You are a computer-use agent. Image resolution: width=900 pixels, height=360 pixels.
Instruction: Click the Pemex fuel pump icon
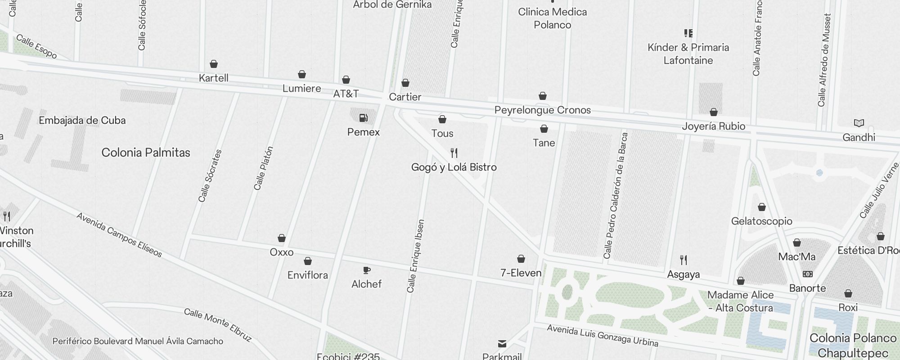pos(363,118)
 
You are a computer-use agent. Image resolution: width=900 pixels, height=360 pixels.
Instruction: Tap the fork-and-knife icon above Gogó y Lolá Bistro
pos(454,153)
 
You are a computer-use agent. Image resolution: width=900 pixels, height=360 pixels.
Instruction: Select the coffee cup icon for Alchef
pos(367,270)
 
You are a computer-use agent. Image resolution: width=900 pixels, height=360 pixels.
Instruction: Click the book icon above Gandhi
pos(859,123)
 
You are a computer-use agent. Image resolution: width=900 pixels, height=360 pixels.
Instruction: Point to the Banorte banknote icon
pos(808,274)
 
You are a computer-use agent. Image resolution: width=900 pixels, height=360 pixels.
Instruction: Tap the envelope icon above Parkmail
pos(502,344)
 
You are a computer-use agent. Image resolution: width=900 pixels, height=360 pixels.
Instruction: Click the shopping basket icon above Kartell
pos(214,64)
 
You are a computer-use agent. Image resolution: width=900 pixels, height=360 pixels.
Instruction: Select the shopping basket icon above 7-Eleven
pos(521,259)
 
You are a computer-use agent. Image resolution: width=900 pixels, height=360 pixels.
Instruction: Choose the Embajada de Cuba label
pos(82,120)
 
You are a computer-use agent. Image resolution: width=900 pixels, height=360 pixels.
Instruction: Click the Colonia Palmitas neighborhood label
pos(146,153)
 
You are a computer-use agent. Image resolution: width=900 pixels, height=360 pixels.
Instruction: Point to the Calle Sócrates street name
pos(210,175)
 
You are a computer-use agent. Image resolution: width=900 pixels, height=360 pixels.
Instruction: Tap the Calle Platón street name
pos(264,168)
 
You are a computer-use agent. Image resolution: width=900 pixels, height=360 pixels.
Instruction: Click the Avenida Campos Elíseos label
pos(119,235)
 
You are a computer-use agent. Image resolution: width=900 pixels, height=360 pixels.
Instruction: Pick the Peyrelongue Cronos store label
pos(542,110)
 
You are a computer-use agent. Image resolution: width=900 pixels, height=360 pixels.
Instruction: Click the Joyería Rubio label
pos(713,126)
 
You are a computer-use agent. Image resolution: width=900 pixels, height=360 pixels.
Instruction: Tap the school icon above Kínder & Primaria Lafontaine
pos(688,33)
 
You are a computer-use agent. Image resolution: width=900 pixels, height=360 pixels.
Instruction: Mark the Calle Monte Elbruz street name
pos(218,324)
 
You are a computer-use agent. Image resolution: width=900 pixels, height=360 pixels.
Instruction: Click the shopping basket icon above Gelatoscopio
pos(762,207)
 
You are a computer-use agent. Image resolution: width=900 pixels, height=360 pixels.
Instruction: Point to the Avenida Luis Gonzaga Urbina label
pos(602,336)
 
